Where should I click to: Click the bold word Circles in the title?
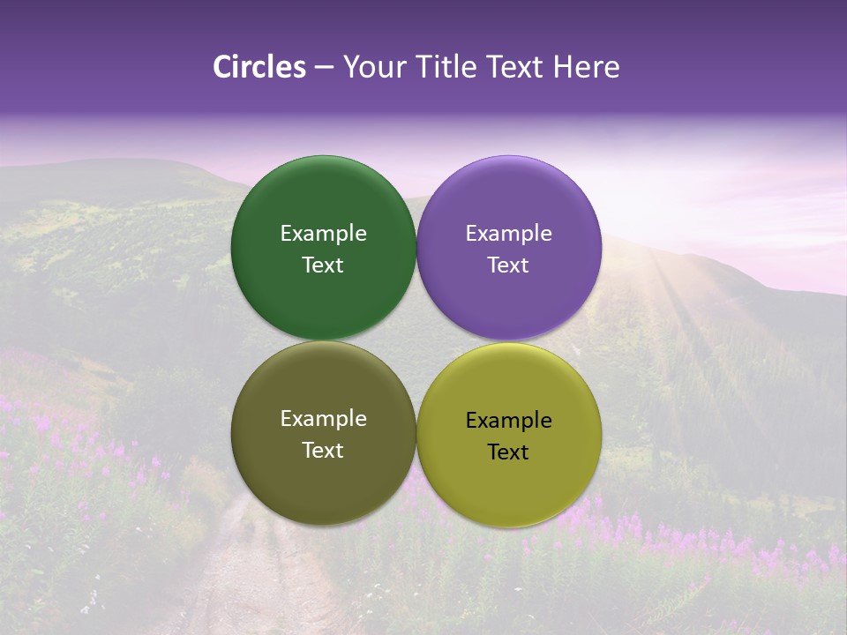point(259,67)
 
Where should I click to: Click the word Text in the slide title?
point(514,67)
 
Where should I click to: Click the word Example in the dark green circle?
point(323,234)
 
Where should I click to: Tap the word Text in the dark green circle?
point(323,265)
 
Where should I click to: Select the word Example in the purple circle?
point(509,234)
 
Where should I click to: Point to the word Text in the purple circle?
point(509,265)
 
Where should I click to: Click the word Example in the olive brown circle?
point(323,419)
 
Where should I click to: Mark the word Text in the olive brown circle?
point(323,450)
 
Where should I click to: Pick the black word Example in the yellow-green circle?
point(509,421)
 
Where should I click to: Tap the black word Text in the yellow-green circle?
point(509,452)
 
